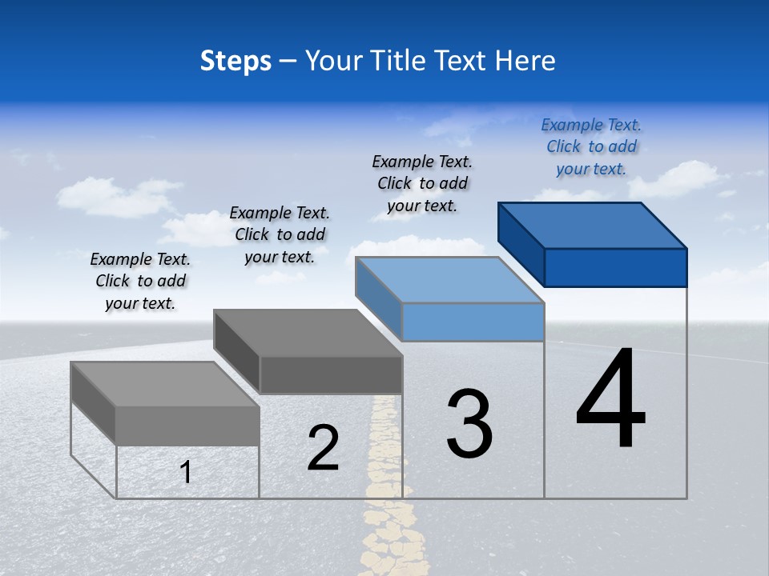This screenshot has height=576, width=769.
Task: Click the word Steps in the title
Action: pos(236,61)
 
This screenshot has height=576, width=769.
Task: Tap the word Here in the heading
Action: pos(525,61)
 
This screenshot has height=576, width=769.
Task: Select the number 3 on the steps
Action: pos(469,424)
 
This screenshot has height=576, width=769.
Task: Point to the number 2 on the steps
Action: pos(323,449)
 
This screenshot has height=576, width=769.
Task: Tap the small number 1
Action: pos(186,472)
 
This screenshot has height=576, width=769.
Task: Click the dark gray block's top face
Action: pos(308,332)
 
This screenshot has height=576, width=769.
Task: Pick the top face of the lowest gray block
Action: pos(165,384)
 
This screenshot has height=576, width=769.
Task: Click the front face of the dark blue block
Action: pos(615,267)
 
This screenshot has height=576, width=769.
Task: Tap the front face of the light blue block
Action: pos(473,322)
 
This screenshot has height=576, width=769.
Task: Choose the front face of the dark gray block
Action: pos(331,374)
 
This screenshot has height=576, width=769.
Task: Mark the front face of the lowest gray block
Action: pos(187,426)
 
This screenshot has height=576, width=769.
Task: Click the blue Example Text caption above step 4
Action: pos(591,146)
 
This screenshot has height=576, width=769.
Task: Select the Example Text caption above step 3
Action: pos(422,183)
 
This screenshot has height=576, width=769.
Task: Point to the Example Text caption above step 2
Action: pos(280,234)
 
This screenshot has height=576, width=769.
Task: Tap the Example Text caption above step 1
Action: pos(140,281)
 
